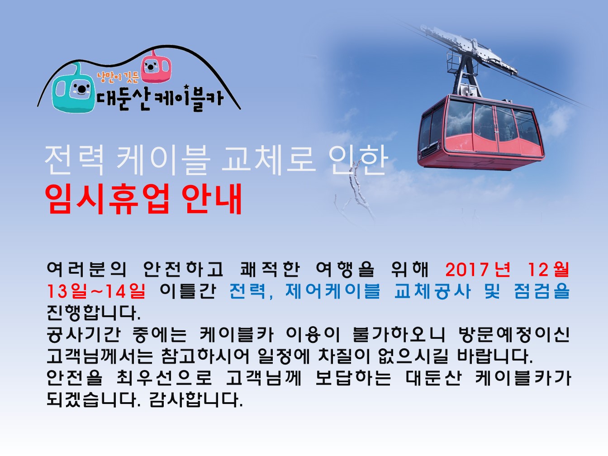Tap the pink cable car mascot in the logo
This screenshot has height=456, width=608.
point(156,66)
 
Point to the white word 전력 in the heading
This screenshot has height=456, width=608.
point(75,160)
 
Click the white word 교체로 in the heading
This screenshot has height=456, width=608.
point(269,160)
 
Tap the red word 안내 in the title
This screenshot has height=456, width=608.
point(212,198)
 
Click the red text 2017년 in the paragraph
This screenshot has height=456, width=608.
point(478,269)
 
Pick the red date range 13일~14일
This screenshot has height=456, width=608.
point(96,291)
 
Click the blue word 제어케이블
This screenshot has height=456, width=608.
point(332,291)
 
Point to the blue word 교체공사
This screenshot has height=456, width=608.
point(432,291)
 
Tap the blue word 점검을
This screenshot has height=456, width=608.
point(541,291)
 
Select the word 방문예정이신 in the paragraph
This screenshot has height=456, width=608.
point(514,334)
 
